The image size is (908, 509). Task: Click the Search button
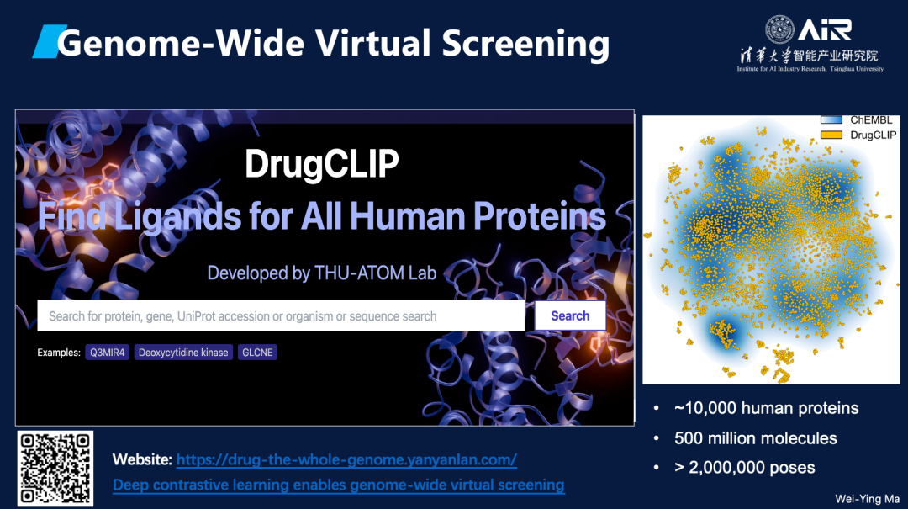[x=570, y=316]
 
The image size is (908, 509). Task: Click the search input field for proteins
[x=281, y=316]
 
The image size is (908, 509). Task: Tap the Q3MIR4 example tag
[x=107, y=353]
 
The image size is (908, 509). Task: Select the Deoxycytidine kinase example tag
[x=183, y=353]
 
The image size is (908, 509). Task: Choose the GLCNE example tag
[x=257, y=353]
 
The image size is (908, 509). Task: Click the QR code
[x=55, y=468]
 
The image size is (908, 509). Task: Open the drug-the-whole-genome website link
[x=346, y=459]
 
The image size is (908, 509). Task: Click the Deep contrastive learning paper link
[x=339, y=485]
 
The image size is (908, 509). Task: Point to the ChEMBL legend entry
[x=857, y=120]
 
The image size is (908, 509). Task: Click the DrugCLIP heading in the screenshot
[x=322, y=164]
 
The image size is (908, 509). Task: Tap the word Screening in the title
[x=525, y=44]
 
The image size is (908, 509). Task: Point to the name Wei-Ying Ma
[x=867, y=499]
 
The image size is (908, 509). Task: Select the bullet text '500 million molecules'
[x=756, y=438]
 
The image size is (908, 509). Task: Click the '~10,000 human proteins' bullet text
[x=766, y=408]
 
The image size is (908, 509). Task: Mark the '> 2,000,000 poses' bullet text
[x=745, y=467]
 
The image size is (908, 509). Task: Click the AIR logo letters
[x=825, y=29]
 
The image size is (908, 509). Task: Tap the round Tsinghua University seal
[x=779, y=29]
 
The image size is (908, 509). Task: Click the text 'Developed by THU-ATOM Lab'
[x=322, y=273]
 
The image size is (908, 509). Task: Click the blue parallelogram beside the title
[x=50, y=42]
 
